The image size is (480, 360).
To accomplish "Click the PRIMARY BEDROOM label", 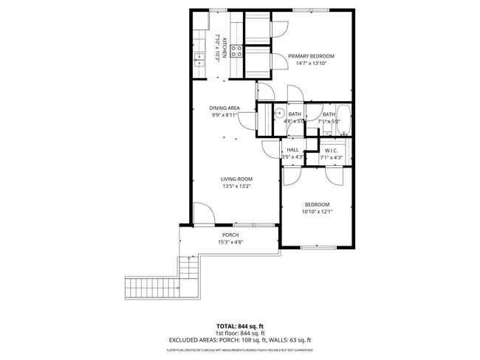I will coord(311,56).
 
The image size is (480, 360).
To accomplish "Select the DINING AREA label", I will coord(224,108).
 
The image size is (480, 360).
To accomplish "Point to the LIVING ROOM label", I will coord(237,179).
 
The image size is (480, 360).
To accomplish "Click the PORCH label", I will coord(230,235).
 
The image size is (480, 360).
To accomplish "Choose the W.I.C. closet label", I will coord(331,150).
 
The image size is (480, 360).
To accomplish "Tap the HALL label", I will coord(292,150).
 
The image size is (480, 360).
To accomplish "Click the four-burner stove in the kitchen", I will coord(237,51).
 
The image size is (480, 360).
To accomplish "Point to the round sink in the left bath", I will coord(280,113).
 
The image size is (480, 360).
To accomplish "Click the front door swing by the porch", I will coord(204,214).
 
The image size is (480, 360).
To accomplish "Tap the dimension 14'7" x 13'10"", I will coord(311,64).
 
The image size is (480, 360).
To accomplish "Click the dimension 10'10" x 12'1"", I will coord(317,212).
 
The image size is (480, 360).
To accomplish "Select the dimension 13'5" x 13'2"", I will coord(237,186).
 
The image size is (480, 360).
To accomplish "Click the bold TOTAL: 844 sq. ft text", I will coord(239,326).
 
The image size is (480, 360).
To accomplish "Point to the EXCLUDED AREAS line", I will coord(239,340).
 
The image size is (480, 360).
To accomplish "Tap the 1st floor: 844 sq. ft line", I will coord(239,333).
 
